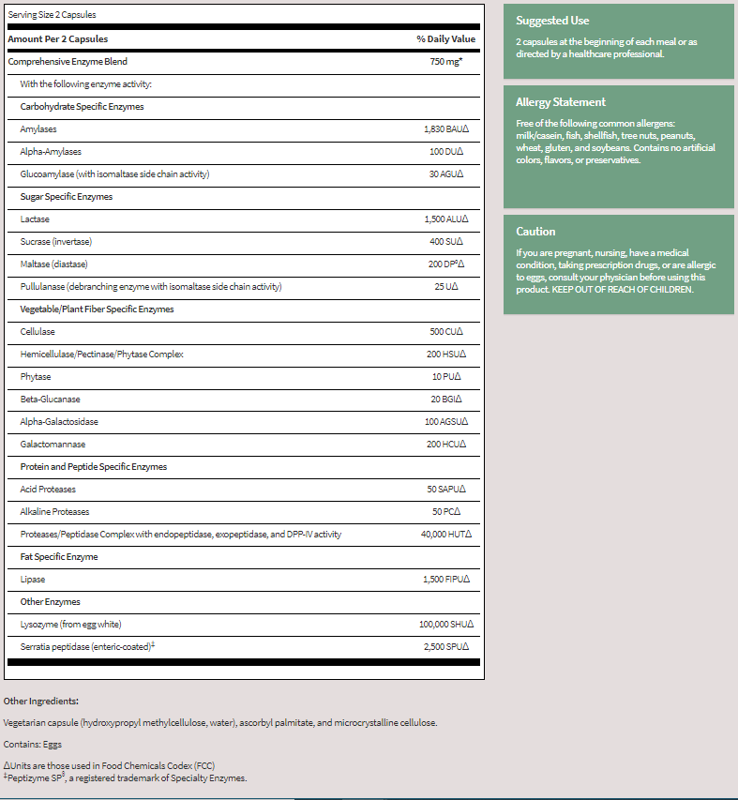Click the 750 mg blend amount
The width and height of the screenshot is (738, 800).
(x=445, y=61)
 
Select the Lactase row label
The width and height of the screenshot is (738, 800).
(x=35, y=219)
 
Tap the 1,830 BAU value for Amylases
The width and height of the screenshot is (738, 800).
(x=445, y=129)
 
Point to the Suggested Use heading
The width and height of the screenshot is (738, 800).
(x=552, y=21)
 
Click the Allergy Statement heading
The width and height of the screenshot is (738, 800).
(x=561, y=102)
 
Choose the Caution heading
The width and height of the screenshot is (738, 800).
(x=535, y=232)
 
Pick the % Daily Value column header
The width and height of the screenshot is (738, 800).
(x=445, y=39)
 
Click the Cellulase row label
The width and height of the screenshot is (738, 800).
(x=38, y=332)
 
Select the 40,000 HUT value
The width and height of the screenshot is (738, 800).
(x=445, y=535)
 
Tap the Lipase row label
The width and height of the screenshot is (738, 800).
(x=33, y=580)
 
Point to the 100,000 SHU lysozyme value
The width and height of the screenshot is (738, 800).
(x=445, y=625)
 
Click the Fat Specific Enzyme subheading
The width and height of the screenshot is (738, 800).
(x=59, y=557)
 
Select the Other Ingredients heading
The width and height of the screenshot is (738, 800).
(x=41, y=701)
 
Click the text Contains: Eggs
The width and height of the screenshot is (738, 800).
(x=33, y=745)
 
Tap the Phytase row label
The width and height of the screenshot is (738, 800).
(x=36, y=377)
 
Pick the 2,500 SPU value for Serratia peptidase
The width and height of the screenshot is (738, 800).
(x=445, y=647)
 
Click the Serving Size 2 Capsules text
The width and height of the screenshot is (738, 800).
(x=52, y=15)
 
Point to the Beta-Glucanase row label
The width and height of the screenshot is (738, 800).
(x=50, y=400)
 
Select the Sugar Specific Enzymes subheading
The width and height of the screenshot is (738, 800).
(x=66, y=197)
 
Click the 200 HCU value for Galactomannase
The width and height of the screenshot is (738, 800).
(x=445, y=445)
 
